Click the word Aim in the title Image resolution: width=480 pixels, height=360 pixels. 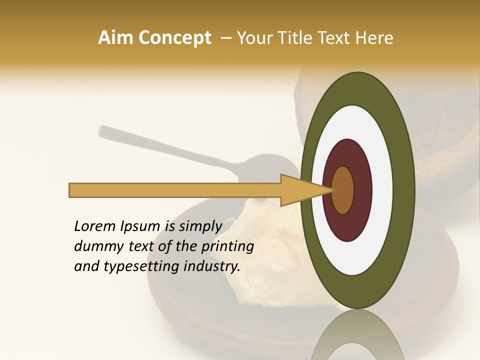click(x=116, y=38)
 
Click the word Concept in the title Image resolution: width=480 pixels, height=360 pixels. click(x=175, y=38)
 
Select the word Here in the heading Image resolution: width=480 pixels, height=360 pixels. click(x=374, y=38)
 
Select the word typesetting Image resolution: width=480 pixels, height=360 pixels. click(x=141, y=266)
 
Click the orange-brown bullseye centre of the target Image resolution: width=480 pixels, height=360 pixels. click(x=343, y=190)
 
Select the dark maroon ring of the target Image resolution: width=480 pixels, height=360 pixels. click(x=362, y=190)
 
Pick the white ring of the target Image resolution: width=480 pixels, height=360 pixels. click(x=382, y=190)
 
